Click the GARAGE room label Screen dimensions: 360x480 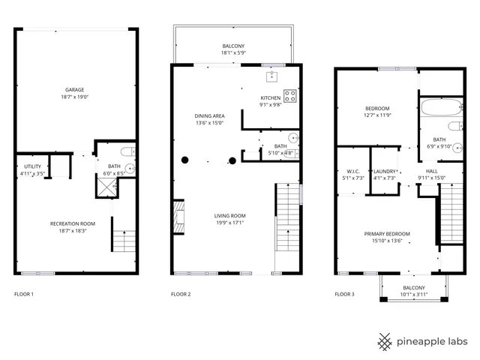73,89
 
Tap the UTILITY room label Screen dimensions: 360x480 31,166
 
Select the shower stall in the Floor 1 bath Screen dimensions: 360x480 104,187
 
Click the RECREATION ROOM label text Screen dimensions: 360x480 73,223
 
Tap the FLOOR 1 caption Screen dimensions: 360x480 25,294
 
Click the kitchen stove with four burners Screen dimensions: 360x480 290,95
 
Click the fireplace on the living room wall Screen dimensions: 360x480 178,217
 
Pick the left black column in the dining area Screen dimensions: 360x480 184,160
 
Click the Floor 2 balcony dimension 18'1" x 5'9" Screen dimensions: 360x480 232,53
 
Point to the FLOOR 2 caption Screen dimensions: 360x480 181,294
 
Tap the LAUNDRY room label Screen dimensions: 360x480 385,171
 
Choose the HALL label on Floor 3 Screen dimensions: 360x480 432,171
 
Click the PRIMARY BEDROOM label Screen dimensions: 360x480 384,233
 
